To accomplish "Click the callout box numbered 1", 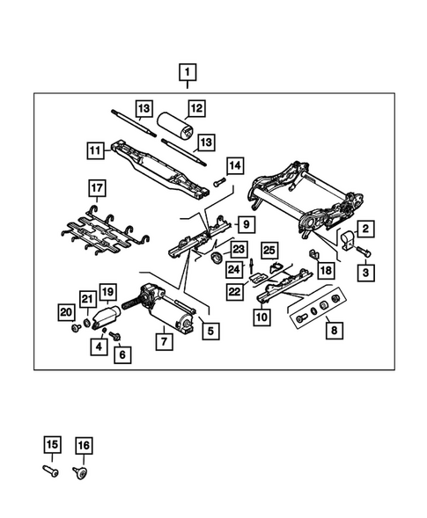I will pos(189,70).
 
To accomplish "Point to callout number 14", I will pos(233,164).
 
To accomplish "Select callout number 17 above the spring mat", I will pos(97,187).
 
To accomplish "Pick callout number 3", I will pos(365,273).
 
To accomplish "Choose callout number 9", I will pos(247,223).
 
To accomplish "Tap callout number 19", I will pos(107,291).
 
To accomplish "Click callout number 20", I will pos(66,310).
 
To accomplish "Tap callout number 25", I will pos(269,251).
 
